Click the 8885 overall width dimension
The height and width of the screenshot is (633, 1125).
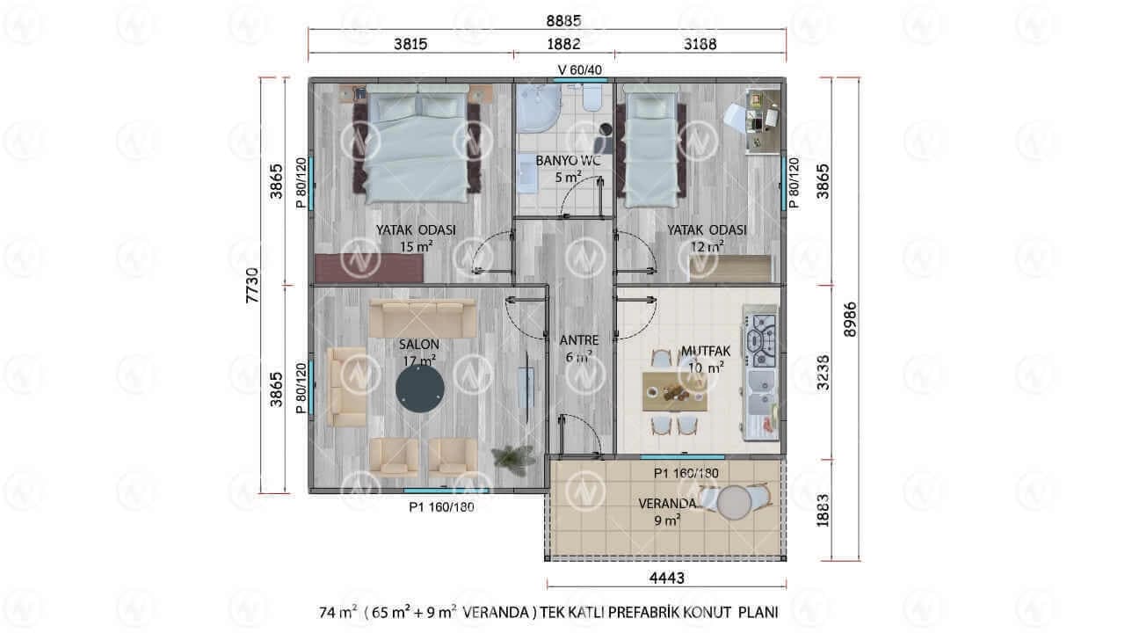click(x=563, y=20)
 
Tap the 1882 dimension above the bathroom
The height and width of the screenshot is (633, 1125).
click(x=563, y=44)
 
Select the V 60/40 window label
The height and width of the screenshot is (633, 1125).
click(x=579, y=69)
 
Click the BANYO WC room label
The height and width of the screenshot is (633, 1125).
click(x=568, y=161)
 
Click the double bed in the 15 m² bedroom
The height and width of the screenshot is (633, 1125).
click(x=417, y=144)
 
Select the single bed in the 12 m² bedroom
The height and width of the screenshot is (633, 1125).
click(x=651, y=146)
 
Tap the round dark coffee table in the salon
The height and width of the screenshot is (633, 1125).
click(x=420, y=389)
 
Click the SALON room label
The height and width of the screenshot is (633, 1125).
click(x=419, y=345)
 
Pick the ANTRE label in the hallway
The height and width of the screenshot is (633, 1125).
click(x=579, y=340)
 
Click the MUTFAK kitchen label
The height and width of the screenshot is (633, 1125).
click(x=706, y=351)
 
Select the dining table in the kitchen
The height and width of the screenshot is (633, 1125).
click(x=675, y=391)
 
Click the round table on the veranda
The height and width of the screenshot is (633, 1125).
click(x=734, y=502)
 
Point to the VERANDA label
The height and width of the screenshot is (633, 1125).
click(x=667, y=504)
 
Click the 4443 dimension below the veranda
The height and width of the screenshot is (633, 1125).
click(x=666, y=578)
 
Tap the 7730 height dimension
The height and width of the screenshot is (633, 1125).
click(x=252, y=286)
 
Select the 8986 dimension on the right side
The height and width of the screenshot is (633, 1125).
click(x=850, y=319)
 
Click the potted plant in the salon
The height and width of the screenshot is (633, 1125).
click(x=513, y=459)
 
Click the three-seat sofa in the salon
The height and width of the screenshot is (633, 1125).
click(x=423, y=318)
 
